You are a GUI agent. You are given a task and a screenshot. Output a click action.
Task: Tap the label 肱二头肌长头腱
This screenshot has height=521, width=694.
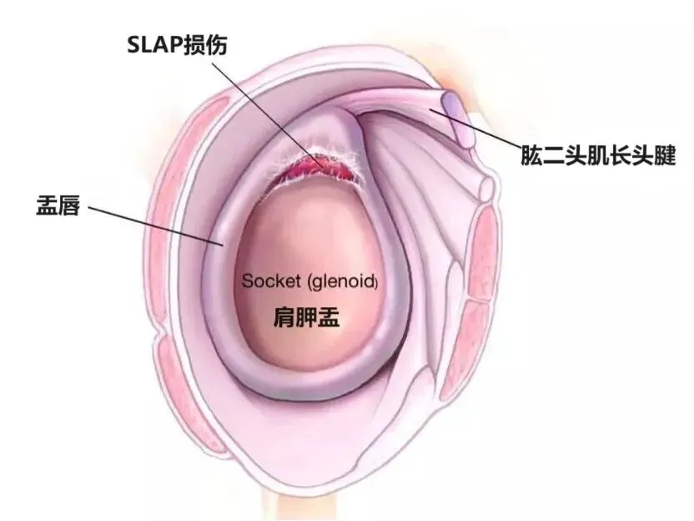[596, 155]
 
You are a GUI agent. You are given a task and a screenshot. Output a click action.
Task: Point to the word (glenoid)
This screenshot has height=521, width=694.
[343, 281]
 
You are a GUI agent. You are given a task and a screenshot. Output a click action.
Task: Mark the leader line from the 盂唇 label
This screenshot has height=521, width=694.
[154, 223]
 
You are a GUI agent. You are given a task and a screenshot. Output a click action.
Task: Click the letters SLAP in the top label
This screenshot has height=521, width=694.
[150, 43]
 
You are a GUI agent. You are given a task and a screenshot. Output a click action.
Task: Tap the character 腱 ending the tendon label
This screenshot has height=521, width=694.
[663, 155]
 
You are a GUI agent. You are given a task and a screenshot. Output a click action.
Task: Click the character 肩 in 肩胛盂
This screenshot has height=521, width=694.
[284, 318]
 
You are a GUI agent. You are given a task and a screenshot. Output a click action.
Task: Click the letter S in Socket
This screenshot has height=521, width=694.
[247, 281]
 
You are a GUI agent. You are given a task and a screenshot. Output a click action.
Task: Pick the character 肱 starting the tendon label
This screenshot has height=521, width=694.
[530, 155]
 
